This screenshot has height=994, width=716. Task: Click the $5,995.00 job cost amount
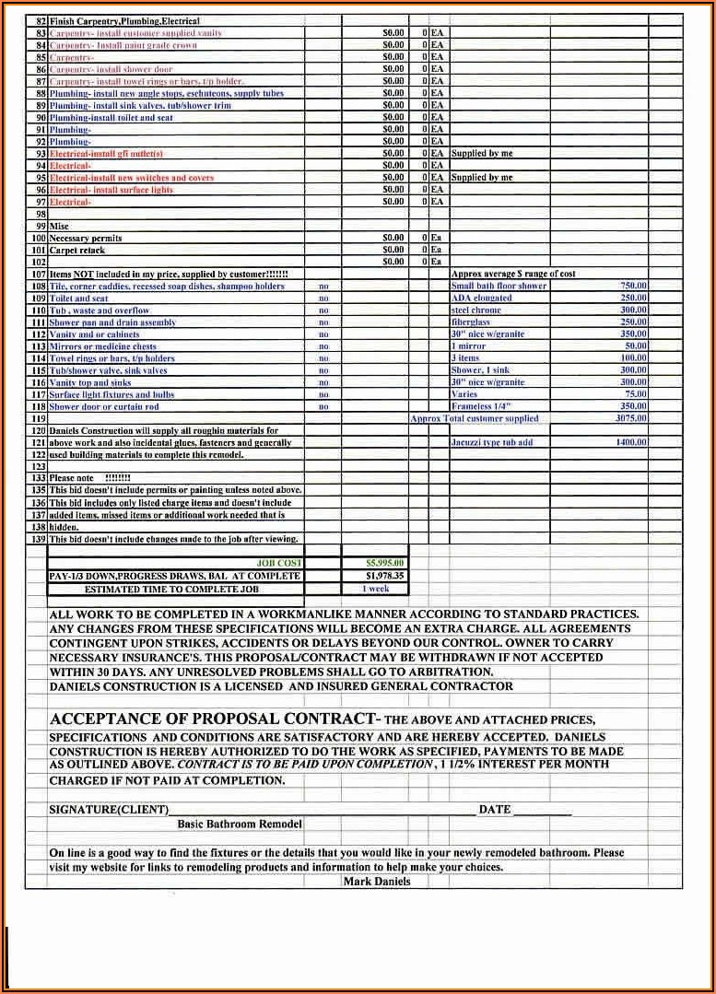point(384,563)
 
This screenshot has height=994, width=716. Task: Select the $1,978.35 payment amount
point(384,576)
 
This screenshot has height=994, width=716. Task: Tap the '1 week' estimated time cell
point(375,589)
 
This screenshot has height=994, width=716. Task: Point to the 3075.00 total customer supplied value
point(631,418)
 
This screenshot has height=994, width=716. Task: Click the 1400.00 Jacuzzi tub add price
point(631,442)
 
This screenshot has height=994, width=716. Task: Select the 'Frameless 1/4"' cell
point(480,406)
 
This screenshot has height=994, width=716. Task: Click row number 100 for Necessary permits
point(39,238)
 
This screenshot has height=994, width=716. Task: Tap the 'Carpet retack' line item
point(77,250)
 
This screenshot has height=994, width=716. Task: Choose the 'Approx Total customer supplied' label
point(474,418)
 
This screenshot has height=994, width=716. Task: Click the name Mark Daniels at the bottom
point(376,882)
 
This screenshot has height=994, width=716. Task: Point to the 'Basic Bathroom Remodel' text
point(240,824)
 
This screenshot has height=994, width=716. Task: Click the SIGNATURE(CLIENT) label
point(109,810)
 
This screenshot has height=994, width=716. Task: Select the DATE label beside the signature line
point(494,810)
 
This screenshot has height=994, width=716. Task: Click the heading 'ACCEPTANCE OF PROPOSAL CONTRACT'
point(213,719)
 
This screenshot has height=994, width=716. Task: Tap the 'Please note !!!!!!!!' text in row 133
point(89,478)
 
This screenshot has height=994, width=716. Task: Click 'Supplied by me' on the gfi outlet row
point(482,154)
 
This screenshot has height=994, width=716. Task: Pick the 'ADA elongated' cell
point(481,298)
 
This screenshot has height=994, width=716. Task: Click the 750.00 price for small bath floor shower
point(633,287)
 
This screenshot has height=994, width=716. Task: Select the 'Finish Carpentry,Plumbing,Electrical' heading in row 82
point(124,21)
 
